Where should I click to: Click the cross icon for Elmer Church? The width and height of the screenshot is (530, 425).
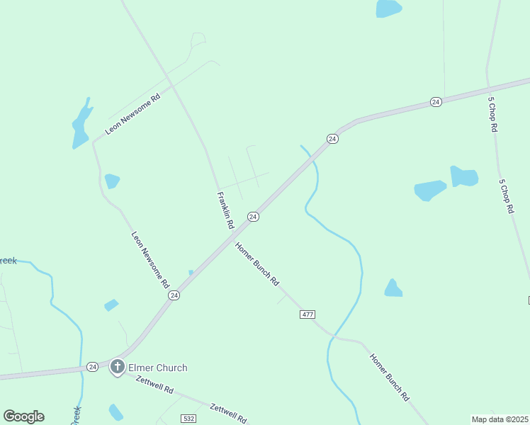[117, 368]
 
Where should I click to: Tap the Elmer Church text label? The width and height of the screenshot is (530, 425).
[157, 368]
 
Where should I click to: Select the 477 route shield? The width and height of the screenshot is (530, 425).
[308, 314]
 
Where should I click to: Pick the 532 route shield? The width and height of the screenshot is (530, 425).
[188, 419]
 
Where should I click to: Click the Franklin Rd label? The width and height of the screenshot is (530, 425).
[225, 210]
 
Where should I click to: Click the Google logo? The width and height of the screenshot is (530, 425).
[23, 416]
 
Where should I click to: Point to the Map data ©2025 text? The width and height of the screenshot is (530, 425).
[500, 419]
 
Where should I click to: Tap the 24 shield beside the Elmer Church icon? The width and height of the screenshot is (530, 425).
[93, 367]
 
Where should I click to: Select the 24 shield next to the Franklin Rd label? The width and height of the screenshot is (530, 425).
[252, 216]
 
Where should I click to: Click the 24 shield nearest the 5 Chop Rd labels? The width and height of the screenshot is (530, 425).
[436, 103]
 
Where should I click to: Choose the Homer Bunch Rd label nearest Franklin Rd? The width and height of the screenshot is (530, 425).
[257, 263]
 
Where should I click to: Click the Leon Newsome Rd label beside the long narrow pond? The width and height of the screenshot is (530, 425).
[133, 113]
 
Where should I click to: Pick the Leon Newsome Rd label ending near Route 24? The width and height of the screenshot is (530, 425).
[150, 259]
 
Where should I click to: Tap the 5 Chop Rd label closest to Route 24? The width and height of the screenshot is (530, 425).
[492, 115]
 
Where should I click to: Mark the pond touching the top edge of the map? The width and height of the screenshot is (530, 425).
[388, 8]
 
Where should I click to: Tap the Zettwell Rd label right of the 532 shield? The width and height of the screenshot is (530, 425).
[228, 413]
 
